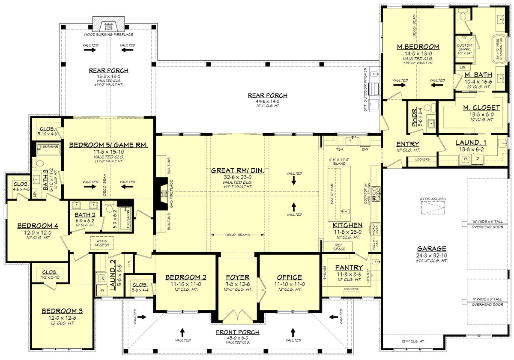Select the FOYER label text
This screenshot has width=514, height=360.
click(237, 277)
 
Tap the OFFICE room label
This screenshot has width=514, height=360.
click(290, 277)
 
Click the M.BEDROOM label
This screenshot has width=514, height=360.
click(418, 47)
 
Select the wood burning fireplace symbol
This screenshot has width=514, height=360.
click(108, 24)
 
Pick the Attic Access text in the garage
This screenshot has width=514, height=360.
click(433, 199)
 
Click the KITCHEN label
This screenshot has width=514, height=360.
click(347, 225)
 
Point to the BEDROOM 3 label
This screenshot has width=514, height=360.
click(62, 311)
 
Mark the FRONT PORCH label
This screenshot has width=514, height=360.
click(238, 332)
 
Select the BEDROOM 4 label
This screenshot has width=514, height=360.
click(38, 226)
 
